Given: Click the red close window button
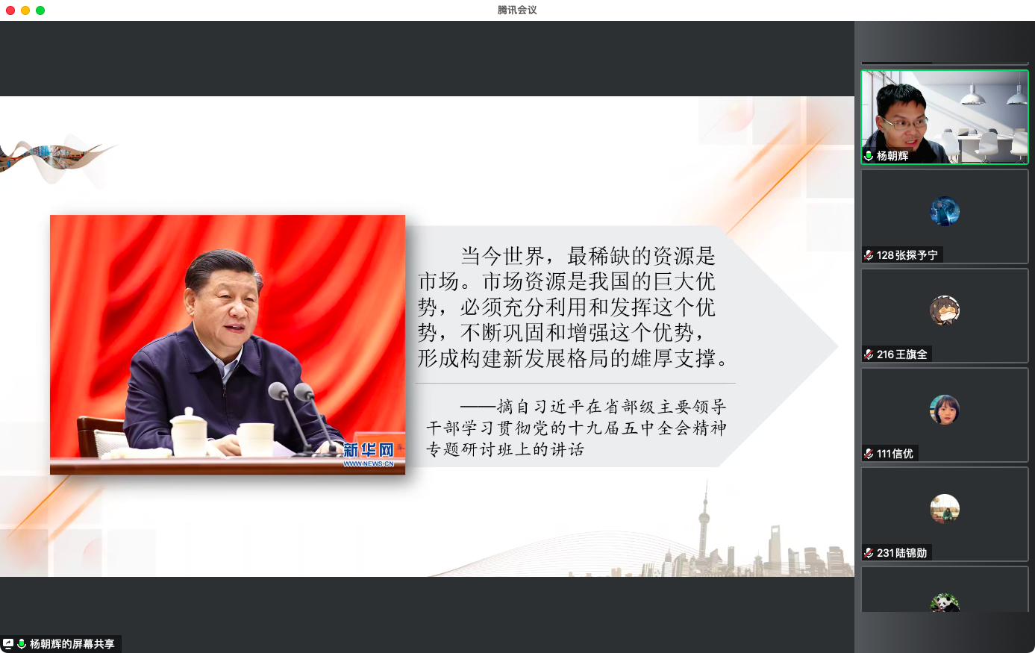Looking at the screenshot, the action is tap(10, 10).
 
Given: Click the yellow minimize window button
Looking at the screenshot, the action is tap(25, 10).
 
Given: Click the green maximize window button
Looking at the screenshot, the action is tap(40, 10).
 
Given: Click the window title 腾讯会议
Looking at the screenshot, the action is tap(517, 10).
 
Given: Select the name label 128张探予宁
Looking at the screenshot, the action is tap(907, 255).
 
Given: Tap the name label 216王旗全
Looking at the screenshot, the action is tap(901, 354).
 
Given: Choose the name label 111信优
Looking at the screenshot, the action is tap(895, 454).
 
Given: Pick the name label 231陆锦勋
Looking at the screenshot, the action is tap(901, 553).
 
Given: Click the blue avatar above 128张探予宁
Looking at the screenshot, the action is tap(945, 211).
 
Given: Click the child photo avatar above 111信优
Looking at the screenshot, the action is tap(945, 410).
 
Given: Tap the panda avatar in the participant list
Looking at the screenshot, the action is tap(945, 603).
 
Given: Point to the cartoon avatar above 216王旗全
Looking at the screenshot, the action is tap(945, 310).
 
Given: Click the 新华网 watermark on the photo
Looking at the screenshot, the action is tap(368, 454).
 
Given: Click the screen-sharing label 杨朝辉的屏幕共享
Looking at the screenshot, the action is tap(72, 644).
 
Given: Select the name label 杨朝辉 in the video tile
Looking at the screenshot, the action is tap(892, 156).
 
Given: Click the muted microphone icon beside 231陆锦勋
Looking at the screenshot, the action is tap(869, 553).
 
